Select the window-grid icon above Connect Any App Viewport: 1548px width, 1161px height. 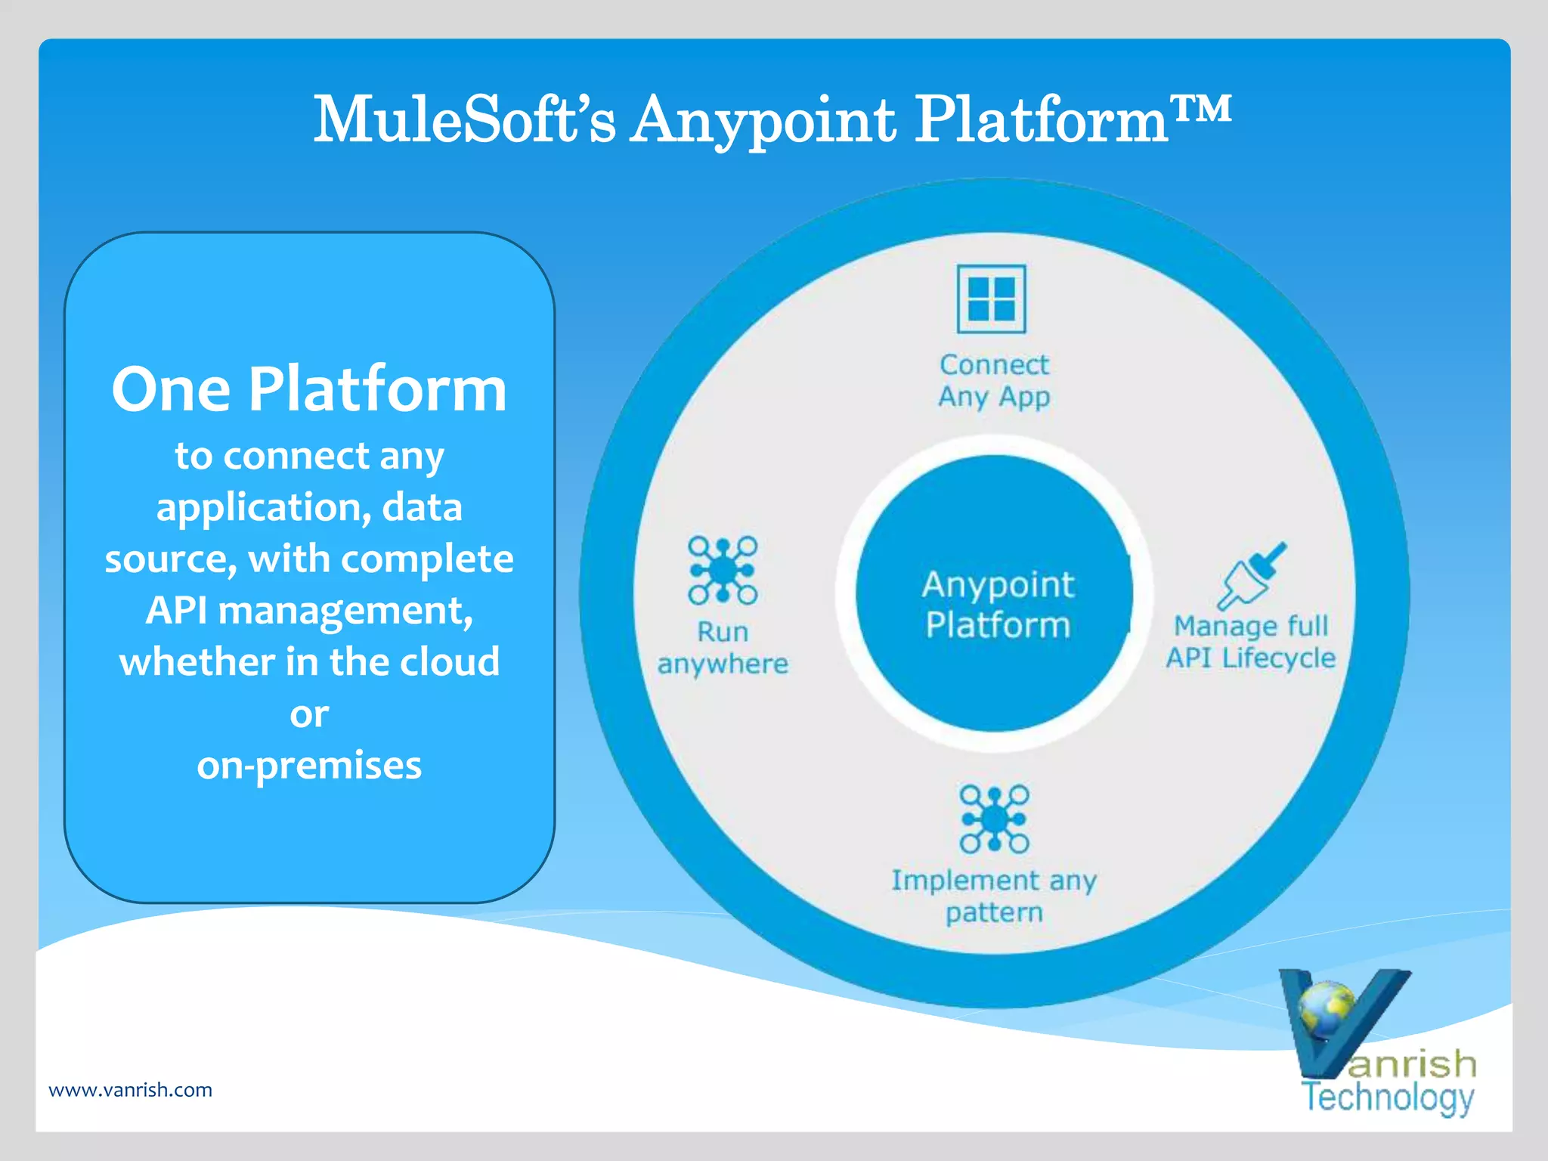pos(991,299)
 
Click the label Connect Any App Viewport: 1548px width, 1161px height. pos(994,381)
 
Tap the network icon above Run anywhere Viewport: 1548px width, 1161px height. pos(723,571)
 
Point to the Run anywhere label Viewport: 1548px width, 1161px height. pos(723,648)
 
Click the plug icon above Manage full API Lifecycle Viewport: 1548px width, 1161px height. pos(1252,576)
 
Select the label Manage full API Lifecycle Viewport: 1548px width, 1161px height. pos(1251,642)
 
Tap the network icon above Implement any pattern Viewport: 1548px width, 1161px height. pos(994,819)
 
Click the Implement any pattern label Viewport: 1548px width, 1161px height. pos(994,896)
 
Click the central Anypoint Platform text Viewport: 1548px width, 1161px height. pos(998,605)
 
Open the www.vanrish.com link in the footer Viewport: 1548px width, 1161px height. pos(130,1090)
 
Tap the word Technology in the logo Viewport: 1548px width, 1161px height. pos(1388,1098)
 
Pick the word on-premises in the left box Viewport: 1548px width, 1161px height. pos(309,766)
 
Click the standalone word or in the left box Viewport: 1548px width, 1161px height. pos(309,714)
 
